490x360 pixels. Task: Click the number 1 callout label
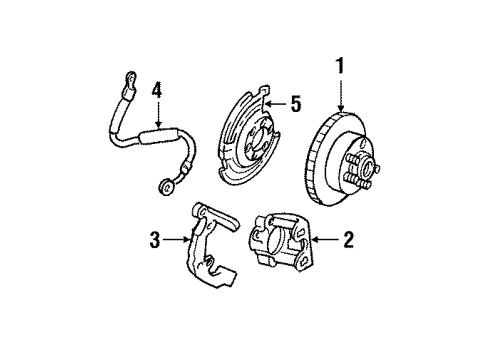[341, 69]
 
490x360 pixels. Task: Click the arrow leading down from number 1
[341, 95]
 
